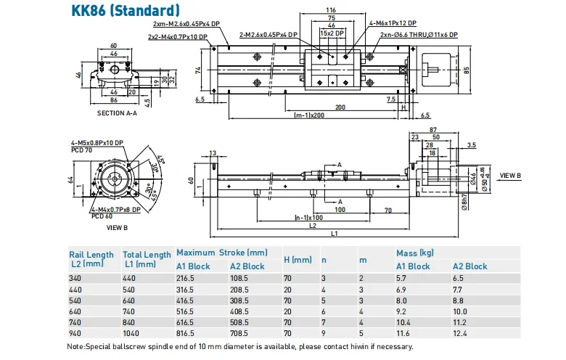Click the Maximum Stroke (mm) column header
222,253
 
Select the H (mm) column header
298,259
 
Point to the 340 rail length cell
76,278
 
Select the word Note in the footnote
75,346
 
